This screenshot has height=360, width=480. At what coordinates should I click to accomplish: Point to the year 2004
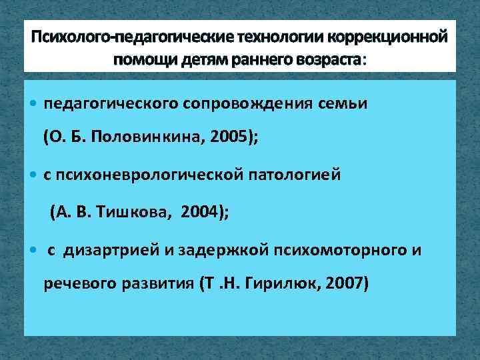click(x=201, y=213)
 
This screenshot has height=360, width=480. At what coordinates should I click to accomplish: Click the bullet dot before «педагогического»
click(x=34, y=104)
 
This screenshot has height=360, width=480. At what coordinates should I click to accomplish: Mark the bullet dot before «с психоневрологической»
click(x=34, y=175)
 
